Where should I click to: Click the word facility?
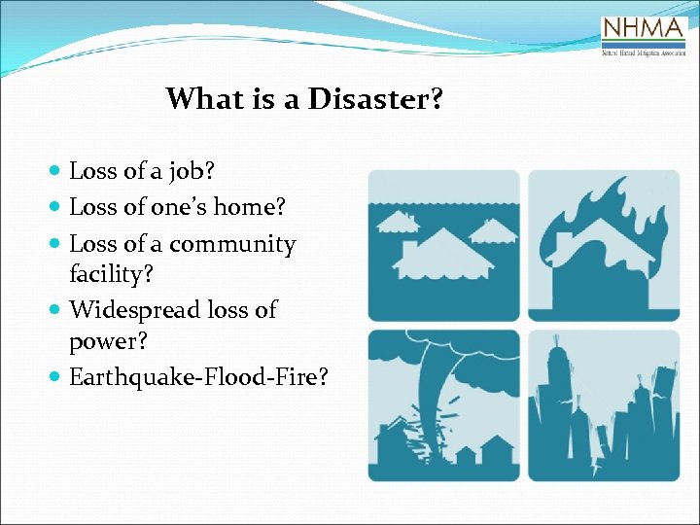coord(111,274)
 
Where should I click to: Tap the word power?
coord(105,342)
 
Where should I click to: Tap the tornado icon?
coord(443,404)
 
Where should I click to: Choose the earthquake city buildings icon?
coord(604,404)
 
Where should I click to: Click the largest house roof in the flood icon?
coord(442,248)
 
